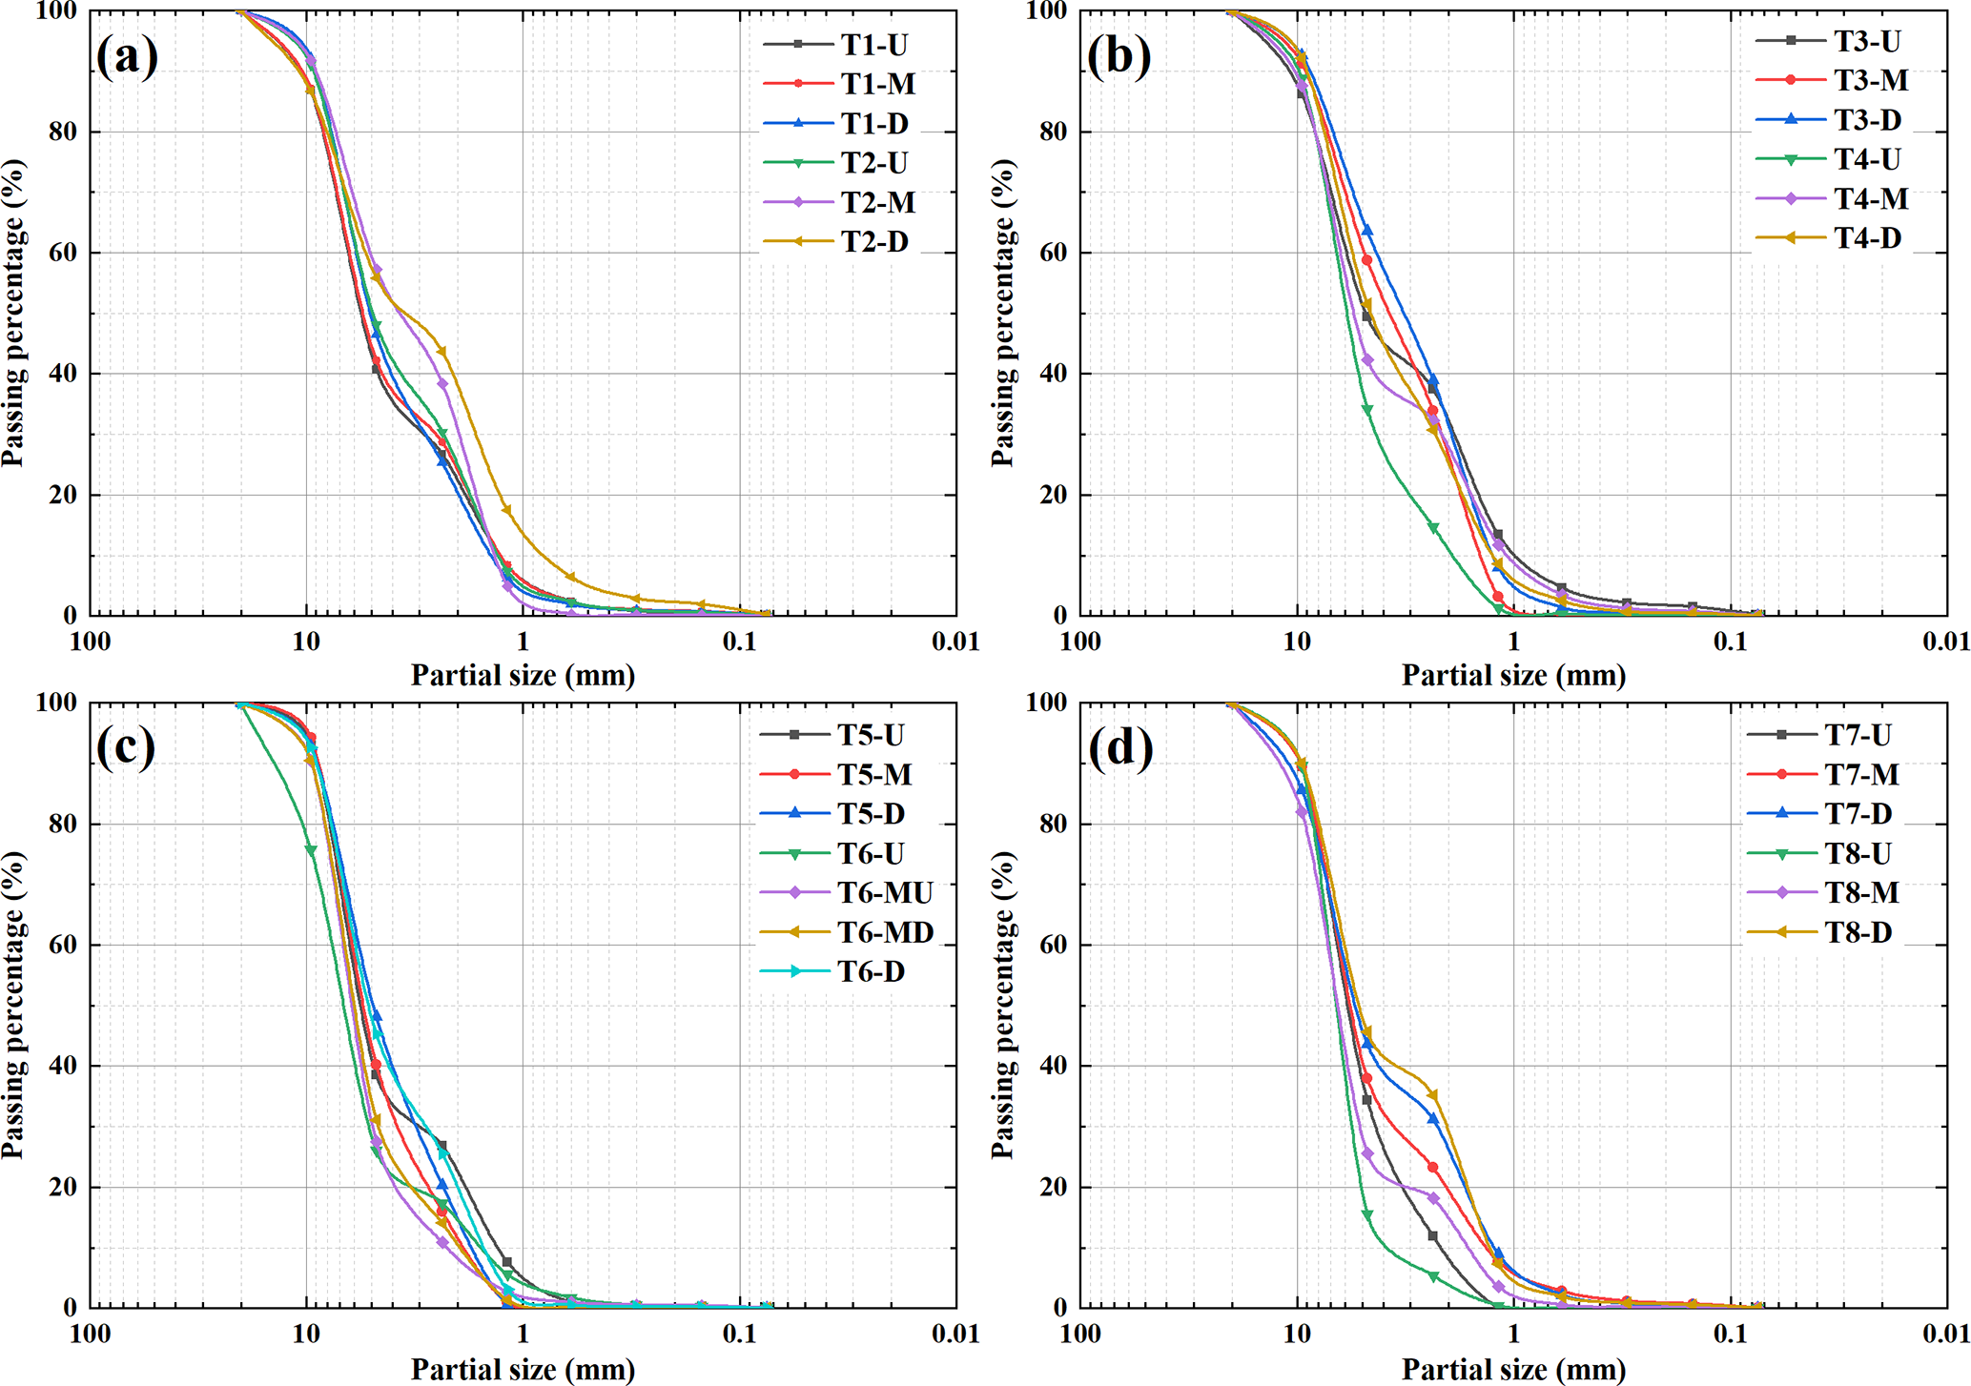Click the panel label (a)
point(127,57)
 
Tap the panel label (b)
point(1119,57)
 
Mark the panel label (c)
point(126,748)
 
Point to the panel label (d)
point(1119,748)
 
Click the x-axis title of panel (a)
point(523,676)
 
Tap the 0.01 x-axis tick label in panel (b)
point(1945,642)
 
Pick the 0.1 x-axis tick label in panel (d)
point(1730,1334)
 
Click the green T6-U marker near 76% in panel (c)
point(311,850)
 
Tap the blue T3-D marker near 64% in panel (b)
point(1366,230)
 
